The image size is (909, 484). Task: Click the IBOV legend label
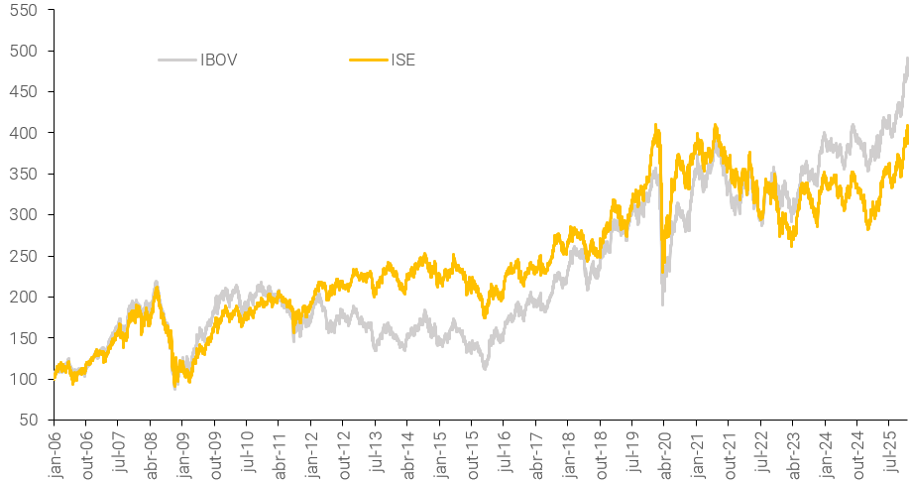(x=218, y=60)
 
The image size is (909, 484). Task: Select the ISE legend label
(x=402, y=60)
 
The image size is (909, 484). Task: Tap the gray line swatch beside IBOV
(x=176, y=60)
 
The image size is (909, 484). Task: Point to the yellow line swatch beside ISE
(x=368, y=60)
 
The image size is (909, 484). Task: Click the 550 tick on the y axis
(x=28, y=10)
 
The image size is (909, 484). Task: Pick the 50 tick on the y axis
(x=32, y=420)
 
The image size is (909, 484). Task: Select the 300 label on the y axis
(x=28, y=215)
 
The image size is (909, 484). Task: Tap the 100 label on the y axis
(x=28, y=379)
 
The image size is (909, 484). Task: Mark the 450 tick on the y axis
(x=28, y=92)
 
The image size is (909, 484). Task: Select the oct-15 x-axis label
(x=472, y=450)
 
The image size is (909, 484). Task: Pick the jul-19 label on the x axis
(x=632, y=450)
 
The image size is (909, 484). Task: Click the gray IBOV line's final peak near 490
(x=906, y=58)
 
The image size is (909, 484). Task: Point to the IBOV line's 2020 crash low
(x=662, y=303)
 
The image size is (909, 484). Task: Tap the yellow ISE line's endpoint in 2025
(x=906, y=127)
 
